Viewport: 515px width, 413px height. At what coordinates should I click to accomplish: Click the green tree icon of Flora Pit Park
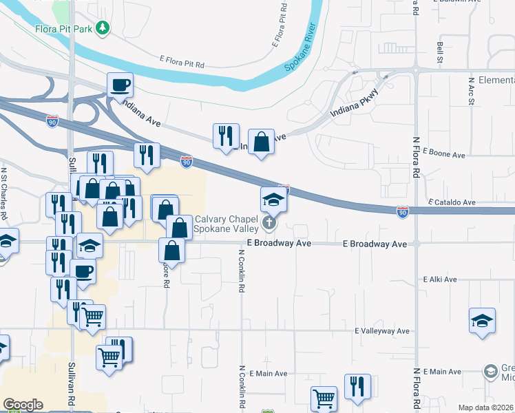click(103, 28)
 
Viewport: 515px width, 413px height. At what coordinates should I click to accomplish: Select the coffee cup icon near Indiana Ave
click(120, 85)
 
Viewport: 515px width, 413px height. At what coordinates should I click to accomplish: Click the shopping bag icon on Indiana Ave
click(261, 142)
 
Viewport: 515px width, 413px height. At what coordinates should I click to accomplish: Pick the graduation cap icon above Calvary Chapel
click(273, 200)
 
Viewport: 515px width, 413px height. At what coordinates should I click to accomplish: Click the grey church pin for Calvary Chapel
click(269, 223)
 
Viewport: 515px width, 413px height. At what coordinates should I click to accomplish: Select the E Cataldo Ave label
click(452, 202)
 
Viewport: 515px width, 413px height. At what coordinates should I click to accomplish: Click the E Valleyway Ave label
click(382, 331)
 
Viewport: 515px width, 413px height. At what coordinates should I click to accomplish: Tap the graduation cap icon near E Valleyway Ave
click(483, 321)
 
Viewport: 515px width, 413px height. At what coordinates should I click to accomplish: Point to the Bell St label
click(439, 52)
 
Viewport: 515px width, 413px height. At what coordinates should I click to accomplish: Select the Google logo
click(23, 405)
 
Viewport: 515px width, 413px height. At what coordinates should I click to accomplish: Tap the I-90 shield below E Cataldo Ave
click(403, 213)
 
